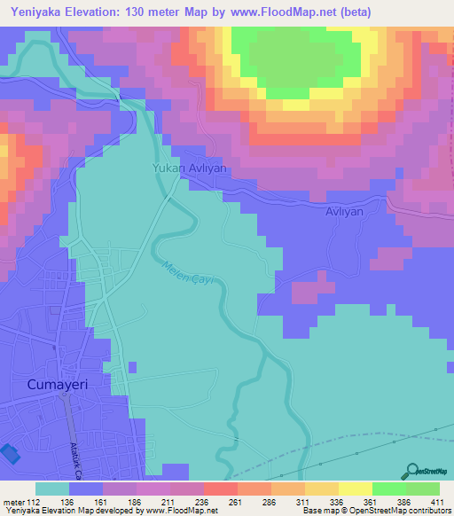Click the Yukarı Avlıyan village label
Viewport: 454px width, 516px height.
190,168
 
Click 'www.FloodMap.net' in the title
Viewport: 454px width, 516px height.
270,12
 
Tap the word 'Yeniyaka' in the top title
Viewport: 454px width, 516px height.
36,12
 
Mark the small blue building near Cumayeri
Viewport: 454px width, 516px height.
9,453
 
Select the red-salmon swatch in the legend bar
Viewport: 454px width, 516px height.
220,488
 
